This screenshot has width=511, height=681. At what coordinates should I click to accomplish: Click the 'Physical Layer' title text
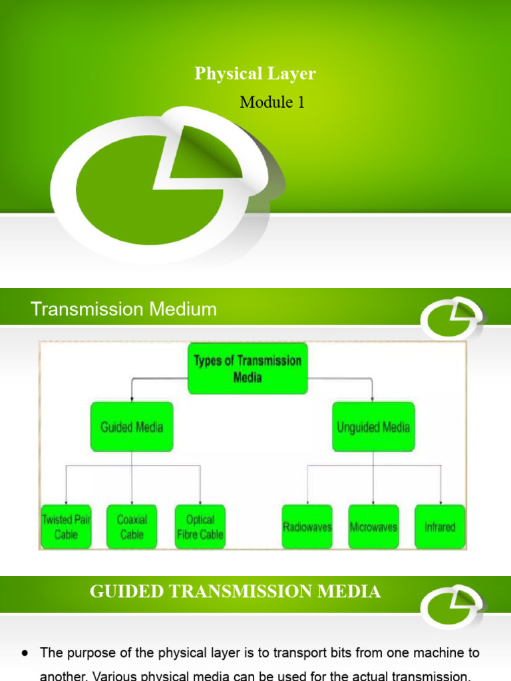tap(255, 74)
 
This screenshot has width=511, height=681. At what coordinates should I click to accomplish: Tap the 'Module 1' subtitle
tap(272, 102)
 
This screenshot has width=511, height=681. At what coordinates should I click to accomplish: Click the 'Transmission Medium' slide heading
tap(124, 309)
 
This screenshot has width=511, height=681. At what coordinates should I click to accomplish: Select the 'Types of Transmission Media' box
tap(248, 368)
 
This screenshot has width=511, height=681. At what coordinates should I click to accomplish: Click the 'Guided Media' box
tap(132, 427)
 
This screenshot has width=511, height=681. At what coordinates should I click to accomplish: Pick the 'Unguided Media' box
tap(373, 427)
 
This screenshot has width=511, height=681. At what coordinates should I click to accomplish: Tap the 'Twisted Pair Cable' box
tap(65, 527)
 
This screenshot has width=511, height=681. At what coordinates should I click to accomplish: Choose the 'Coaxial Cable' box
tap(132, 527)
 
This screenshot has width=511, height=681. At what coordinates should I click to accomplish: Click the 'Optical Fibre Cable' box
tap(200, 527)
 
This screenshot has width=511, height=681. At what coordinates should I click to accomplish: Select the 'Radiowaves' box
tap(307, 527)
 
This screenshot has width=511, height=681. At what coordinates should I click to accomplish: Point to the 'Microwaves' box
tap(373, 527)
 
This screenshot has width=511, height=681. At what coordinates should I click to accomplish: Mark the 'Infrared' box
tap(440, 527)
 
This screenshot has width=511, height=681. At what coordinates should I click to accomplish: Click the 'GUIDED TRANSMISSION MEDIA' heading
tap(236, 591)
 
